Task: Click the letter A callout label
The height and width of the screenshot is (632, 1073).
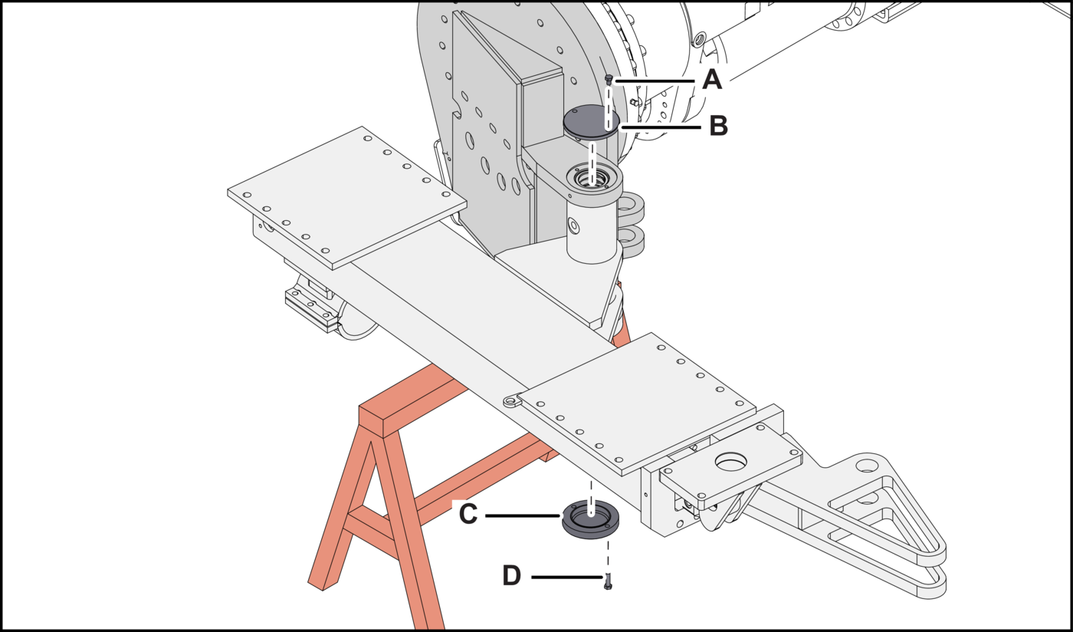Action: click(712, 80)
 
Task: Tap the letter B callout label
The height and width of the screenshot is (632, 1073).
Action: click(719, 126)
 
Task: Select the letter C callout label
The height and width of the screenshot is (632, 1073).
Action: click(468, 514)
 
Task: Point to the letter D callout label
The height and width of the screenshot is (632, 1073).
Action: click(512, 575)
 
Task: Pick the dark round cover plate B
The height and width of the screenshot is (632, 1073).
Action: click(591, 122)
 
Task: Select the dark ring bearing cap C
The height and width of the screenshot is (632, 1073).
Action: click(591, 519)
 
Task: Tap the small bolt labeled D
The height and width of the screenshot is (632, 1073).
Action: click(608, 581)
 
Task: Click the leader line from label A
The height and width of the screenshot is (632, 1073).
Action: click(655, 81)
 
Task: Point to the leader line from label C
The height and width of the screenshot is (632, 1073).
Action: click(523, 516)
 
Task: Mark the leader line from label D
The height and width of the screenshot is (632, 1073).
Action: click(566, 577)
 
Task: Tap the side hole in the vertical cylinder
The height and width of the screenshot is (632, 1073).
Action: click(573, 225)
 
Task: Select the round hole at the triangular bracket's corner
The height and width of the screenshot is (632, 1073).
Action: click(865, 465)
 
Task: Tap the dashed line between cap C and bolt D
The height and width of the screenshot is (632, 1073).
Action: click(609, 556)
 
